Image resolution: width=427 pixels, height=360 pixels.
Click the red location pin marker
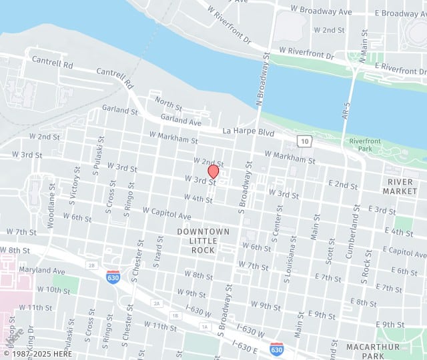pos(213,171)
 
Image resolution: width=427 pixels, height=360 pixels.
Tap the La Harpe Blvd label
pos(249,133)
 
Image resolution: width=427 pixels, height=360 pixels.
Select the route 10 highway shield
pos(304,141)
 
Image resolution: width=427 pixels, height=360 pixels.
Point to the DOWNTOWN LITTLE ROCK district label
pos(203,241)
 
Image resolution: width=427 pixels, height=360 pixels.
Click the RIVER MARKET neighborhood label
pos(400,186)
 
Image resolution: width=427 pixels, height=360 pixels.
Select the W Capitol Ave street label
pos(167,213)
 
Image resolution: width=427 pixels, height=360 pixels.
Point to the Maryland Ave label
pos(41,271)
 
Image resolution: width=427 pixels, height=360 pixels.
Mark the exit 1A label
pos(205,327)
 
